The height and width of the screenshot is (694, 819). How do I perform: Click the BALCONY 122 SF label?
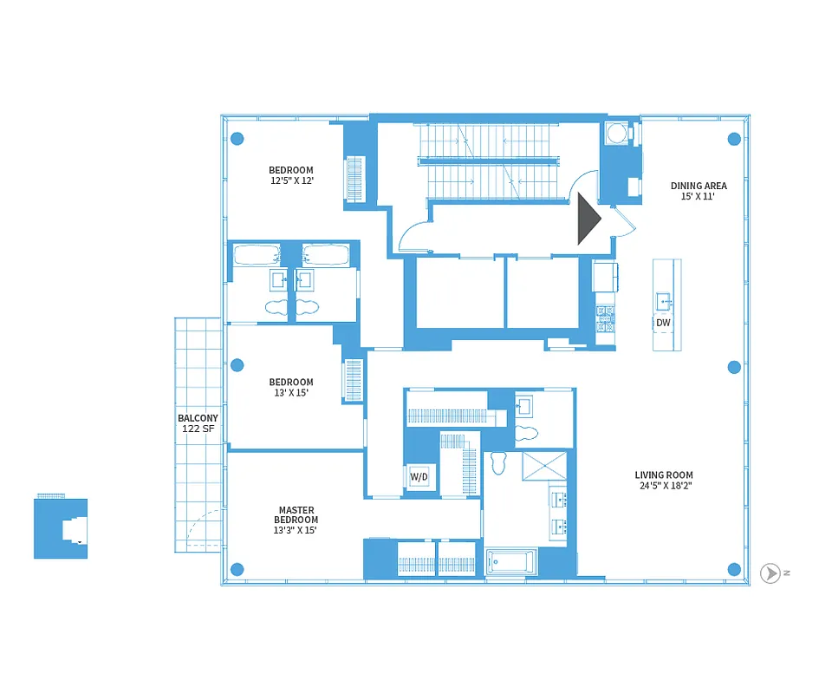tap(198, 423)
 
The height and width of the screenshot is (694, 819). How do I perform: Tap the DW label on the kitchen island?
tap(663, 324)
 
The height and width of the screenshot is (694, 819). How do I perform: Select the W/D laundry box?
tap(418, 477)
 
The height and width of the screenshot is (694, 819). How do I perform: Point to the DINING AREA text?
tap(699, 186)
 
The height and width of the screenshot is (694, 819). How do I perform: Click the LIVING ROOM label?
tap(664, 475)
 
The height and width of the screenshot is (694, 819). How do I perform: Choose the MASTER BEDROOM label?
tap(296, 515)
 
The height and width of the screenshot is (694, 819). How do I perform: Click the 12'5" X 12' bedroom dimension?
tap(290, 181)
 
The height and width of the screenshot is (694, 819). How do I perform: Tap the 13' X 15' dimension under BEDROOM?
tap(290, 393)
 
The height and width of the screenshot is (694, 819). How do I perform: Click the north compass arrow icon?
tap(770, 573)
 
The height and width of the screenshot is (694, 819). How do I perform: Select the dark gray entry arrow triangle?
tap(588, 219)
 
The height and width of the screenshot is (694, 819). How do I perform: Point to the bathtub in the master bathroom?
tap(511, 561)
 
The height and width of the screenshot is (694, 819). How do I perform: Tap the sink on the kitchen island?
tap(665, 300)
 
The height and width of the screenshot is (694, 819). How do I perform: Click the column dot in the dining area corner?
tap(734, 138)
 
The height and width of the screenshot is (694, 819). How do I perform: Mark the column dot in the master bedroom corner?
tap(237, 569)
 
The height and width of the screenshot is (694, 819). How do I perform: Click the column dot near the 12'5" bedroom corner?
tap(237, 138)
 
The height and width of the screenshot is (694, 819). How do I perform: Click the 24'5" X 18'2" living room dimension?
tap(664, 486)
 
